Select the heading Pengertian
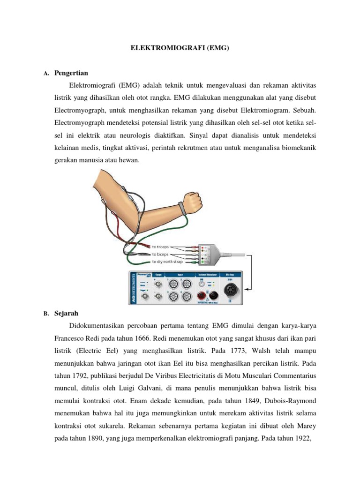pyautogui.click(x=71, y=73)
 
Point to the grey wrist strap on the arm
pyautogui.click(x=180, y=207)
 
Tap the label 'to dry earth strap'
pyautogui.click(x=167, y=262)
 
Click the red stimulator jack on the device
pyautogui.click(x=202, y=295)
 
